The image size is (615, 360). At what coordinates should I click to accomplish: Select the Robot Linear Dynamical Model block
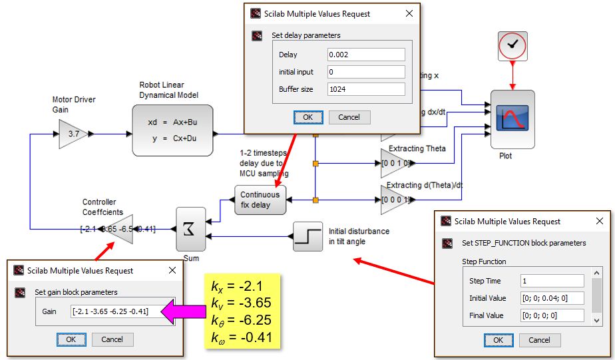click(172, 130)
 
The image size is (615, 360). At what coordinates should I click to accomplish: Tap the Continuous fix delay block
click(260, 200)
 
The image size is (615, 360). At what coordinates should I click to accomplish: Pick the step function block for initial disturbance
click(307, 236)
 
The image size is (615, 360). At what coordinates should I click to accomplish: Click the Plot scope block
click(512, 118)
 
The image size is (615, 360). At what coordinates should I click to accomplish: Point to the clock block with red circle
click(512, 45)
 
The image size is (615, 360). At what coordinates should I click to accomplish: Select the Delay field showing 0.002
click(366, 55)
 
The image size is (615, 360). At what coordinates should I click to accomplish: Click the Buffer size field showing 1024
click(366, 89)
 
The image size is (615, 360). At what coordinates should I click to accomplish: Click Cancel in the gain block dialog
click(112, 339)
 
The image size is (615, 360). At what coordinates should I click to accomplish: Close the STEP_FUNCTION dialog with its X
click(600, 222)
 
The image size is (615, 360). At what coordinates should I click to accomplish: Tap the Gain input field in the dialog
click(118, 311)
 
